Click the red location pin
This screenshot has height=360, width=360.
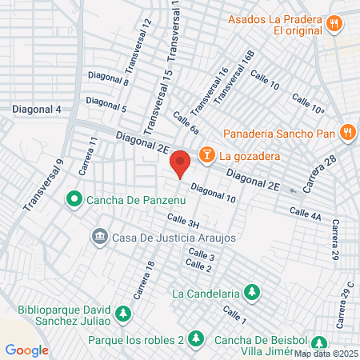181,163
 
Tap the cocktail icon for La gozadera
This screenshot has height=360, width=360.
206,153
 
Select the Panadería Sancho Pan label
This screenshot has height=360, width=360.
279,132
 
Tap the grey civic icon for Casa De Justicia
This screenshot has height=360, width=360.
100,236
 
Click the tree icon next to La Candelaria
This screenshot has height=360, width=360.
252,291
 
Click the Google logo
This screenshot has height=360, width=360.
26,350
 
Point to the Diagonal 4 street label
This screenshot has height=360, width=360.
36,109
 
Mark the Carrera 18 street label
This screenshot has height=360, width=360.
143,280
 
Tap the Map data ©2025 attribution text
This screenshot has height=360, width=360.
325,354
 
